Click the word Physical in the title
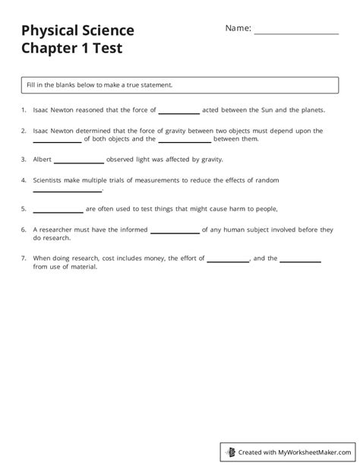pyautogui.click(x=49, y=30)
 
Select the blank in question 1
pyautogui.click(x=178, y=110)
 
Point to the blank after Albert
pyautogui.click(x=79, y=160)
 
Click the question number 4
pyautogui.click(x=24, y=180)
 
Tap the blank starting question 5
pyautogui.click(x=58, y=209)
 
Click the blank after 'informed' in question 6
pyautogui.click(x=175, y=230)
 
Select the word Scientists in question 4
pyautogui.click(x=49, y=180)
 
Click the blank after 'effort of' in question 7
pyautogui.click(x=228, y=259)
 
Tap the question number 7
pyautogui.click(x=24, y=258)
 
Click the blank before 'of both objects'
pyautogui.click(x=57, y=140)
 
